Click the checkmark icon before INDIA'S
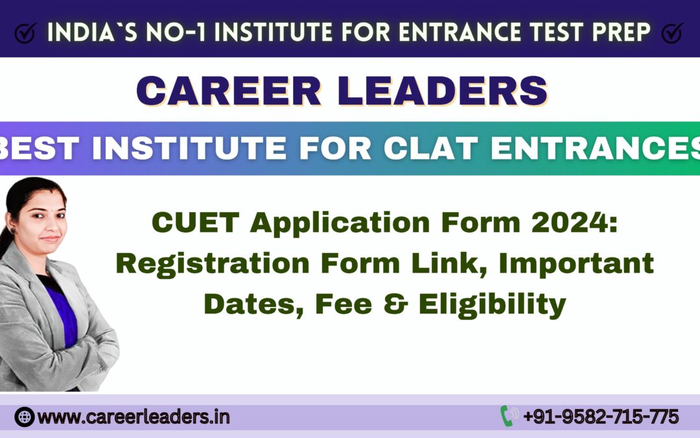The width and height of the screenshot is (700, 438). [24, 32]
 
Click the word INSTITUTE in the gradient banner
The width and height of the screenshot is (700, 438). [182, 147]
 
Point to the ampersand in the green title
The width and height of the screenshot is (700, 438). [399, 304]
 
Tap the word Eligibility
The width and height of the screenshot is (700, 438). [493, 304]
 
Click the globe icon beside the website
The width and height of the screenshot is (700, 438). [24, 417]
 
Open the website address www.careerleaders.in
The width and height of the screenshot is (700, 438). [134, 417]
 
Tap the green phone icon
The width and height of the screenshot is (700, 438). [508, 416]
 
